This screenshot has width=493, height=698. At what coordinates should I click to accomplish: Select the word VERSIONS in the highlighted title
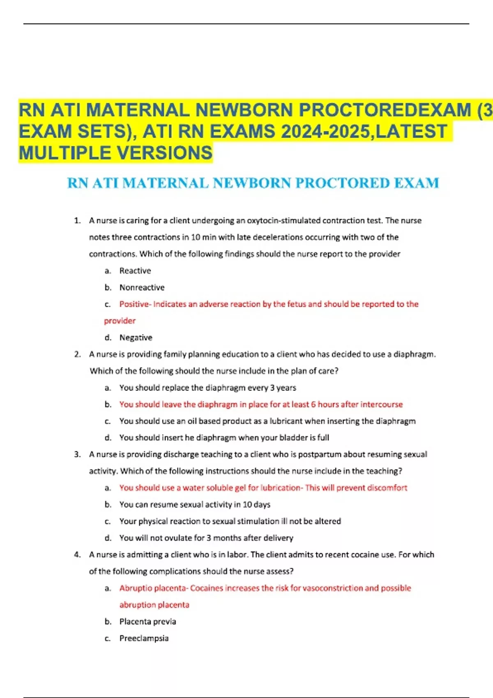pyautogui.click(x=165, y=153)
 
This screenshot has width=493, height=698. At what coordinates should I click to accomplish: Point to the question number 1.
pyautogui.click(x=77, y=220)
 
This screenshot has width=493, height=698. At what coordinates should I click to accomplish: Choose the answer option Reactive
pyautogui.click(x=135, y=271)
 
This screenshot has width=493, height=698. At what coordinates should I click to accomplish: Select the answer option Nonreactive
pyautogui.click(x=142, y=287)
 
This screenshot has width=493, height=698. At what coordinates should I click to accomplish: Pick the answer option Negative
pyautogui.click(x=136, y=338)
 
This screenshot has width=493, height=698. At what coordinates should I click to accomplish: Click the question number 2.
pyautogui.click(x=77, y=354)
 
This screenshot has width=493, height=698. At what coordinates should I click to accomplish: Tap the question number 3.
pyautogui.click(x=77, y=455)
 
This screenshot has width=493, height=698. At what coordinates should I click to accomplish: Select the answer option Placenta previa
pyautogui.click(x=147, y=622)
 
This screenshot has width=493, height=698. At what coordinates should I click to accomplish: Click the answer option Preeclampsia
pyautogui.click(x=144, y=638)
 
